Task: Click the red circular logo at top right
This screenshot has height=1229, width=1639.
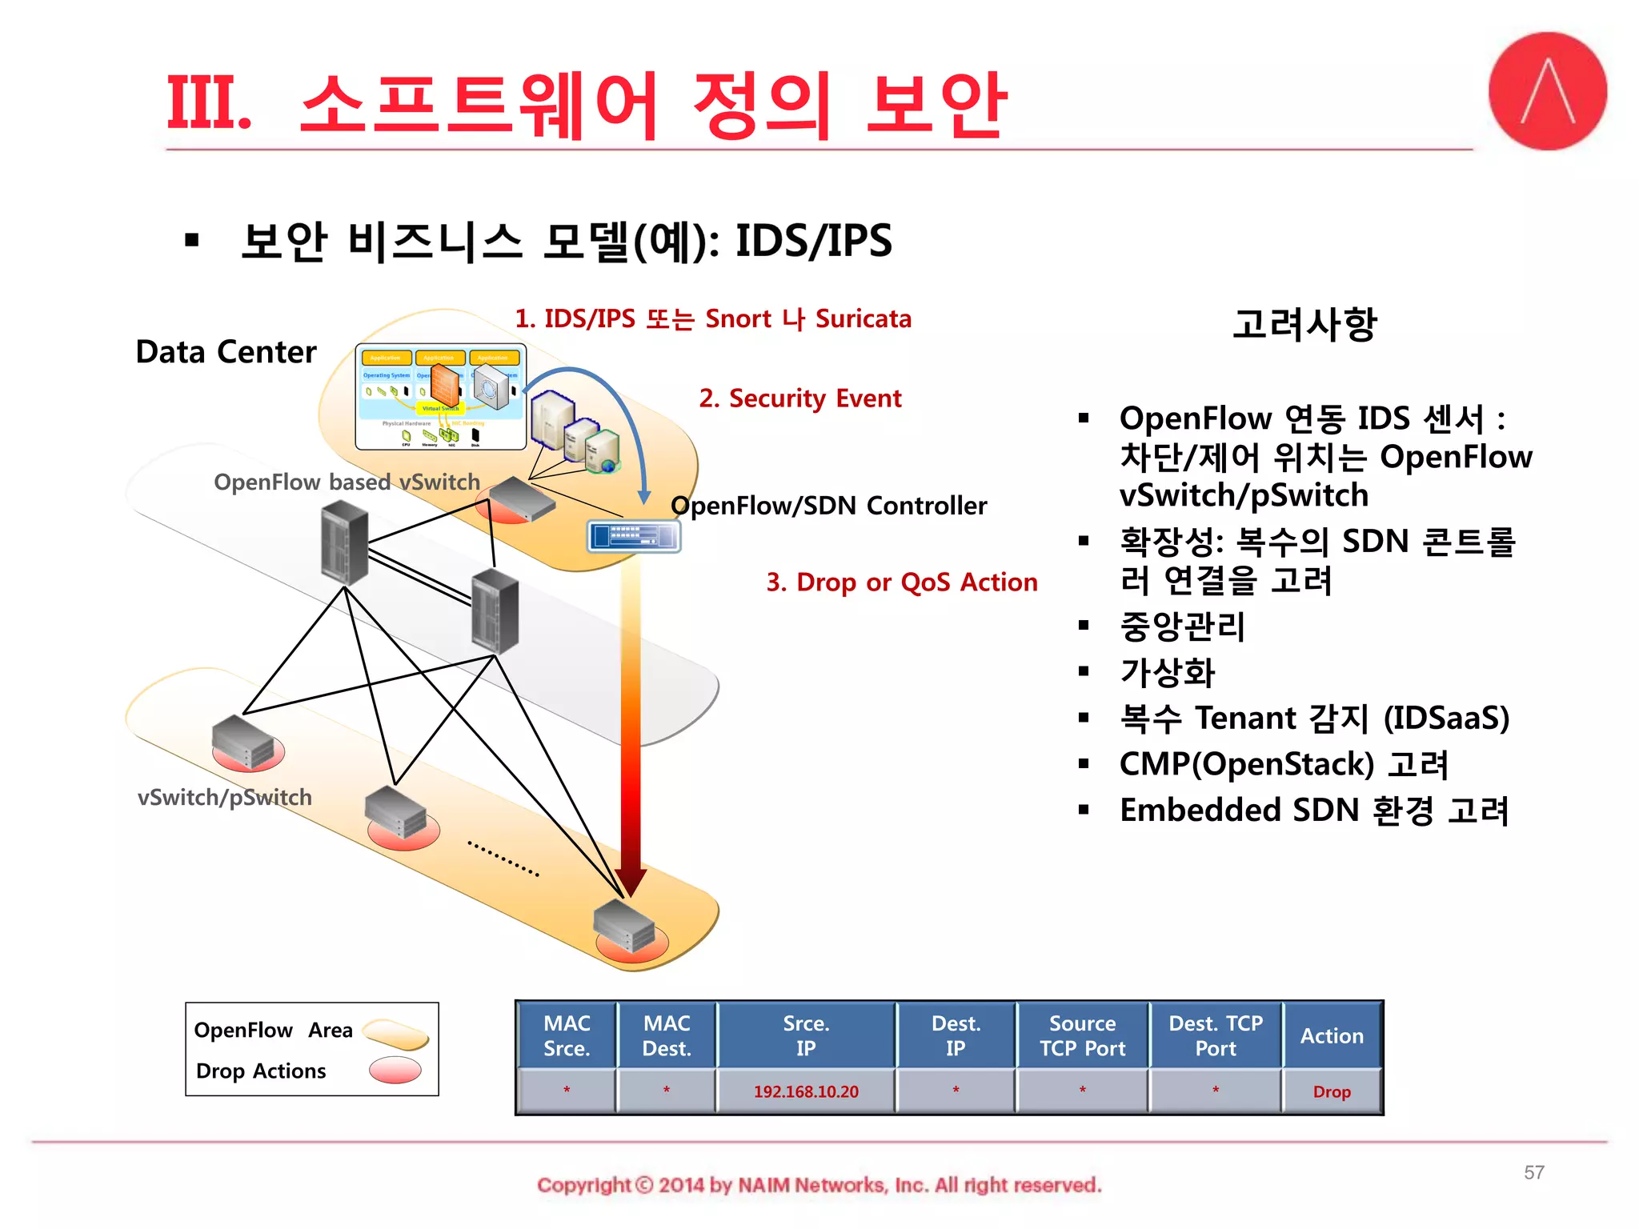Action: pos(1546,91)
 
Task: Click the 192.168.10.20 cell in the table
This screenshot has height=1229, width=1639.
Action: pos(805,1091)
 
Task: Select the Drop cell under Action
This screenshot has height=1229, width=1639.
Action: pos(1332,1091)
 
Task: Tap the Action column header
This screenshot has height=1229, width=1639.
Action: pos(1332,1035)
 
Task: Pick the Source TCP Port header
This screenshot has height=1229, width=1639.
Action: pos(1082,1035)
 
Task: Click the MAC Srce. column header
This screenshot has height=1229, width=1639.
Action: pos(567,1035)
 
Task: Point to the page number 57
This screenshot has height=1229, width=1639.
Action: pos(1533,1172)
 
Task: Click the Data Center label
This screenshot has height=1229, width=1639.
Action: pos(226,352)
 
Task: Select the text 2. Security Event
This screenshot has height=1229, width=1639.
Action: pos(799,398)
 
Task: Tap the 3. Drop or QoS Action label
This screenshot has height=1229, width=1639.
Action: pos(901,582)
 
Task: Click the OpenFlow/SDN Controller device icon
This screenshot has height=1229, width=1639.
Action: pos(634,536)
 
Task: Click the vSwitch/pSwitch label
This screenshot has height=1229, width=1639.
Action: pos(224,797)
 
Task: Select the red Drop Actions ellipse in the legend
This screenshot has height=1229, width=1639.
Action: pos(395,1070)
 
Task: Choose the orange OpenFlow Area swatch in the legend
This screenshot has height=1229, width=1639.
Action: pos(396,1033)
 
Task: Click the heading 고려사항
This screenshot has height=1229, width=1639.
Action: pos(1304,324)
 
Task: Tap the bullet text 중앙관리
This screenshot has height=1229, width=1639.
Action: pos(1182,627)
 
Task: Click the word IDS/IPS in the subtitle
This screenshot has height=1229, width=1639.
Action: pos(813,241)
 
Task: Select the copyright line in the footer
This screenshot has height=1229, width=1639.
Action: pos(819,1185)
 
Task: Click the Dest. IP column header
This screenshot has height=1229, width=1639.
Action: pos(956,1035)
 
